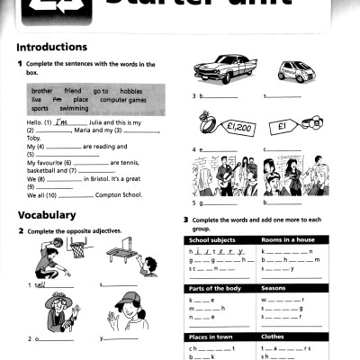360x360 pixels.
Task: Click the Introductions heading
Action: tap(52, 47)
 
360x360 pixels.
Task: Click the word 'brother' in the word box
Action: tap(42, 91)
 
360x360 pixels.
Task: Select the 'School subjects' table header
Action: tap(212, 240)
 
